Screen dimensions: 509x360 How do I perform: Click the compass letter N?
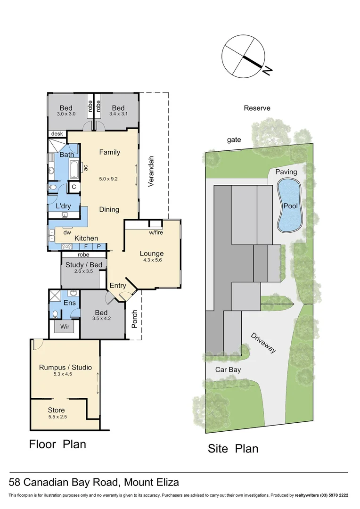[267, 71]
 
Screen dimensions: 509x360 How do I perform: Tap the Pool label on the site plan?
[290, 205]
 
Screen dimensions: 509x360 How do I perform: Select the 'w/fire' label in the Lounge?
[156, 232]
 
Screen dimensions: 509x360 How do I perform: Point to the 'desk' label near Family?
[57, 134]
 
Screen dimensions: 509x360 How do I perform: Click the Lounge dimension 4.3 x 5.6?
[151, 260]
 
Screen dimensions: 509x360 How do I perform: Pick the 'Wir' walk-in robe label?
[64, 326]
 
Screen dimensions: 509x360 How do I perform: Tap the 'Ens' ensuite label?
[69, 303]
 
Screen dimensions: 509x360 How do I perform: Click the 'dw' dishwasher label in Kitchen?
[67, 232]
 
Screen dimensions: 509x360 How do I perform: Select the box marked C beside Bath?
[74, 187]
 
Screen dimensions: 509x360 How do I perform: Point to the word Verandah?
[151, 172]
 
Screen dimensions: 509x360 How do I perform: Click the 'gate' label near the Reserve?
[234, 140]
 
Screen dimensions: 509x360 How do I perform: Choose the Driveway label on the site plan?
[263, 344]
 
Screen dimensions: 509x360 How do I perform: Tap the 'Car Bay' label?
[228, 369]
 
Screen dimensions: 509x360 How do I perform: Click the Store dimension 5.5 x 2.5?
[57, 417]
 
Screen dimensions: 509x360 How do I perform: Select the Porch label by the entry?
[134, 320]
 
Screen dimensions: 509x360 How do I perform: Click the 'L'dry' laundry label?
[63, 206]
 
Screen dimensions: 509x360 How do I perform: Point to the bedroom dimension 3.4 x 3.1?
[118, 114]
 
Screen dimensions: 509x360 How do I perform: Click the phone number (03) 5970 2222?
[330, 495]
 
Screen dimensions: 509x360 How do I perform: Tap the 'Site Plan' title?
[233, 448]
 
